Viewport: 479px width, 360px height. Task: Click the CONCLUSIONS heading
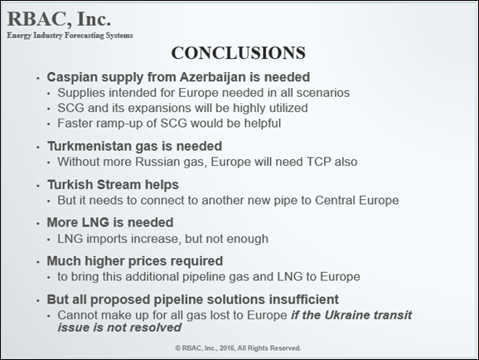[239, 53]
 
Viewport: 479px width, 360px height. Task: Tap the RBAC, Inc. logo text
[59, 19]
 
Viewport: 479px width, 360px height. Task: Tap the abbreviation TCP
[318, 162]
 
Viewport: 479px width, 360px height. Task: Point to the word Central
[335, 201]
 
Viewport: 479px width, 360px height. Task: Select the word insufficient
[303, 299]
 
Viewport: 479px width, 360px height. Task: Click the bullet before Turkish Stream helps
[38, 186]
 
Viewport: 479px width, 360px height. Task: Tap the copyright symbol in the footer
[178, 348]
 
